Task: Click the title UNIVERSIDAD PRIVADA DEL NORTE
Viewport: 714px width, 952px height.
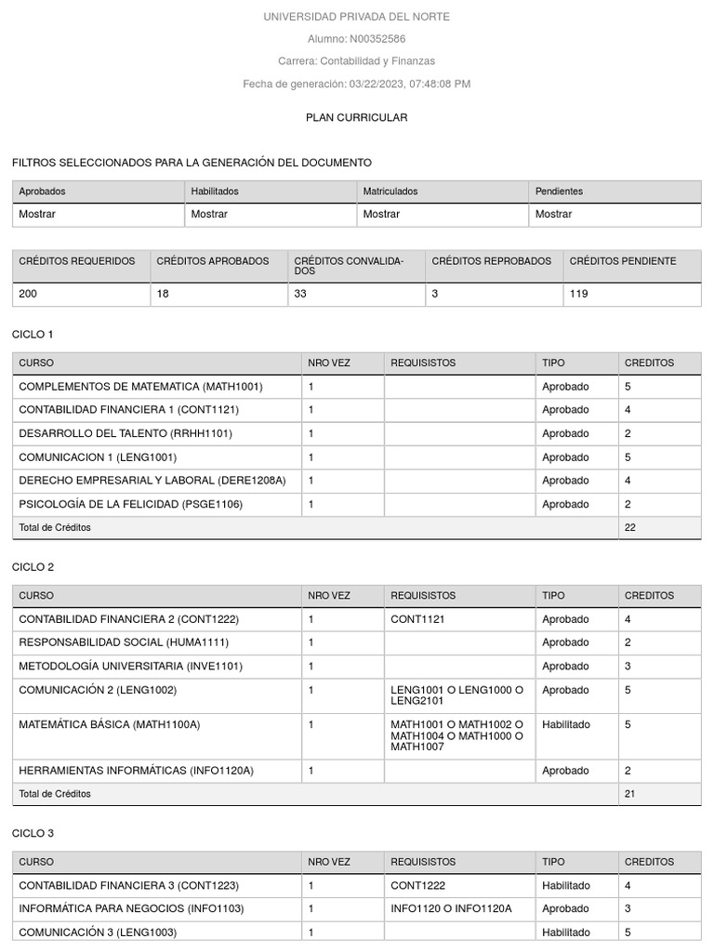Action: pyautogui.click(x=356, y=17)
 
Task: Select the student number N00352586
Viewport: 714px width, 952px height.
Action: pyautogui.click(x=377, y=39)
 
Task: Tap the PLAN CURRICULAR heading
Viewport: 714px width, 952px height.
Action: pyautogui.click(x=356, y=117)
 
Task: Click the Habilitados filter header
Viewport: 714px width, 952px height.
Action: pyautogui.click(x=215, y=192)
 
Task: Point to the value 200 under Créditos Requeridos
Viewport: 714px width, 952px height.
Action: pyautogui.click(x=28, y=294)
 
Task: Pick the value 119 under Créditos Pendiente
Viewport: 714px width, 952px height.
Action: pyautogui.click(x=578, y=294)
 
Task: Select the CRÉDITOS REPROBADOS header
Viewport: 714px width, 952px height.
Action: pyautogui.click(x=491, y=261)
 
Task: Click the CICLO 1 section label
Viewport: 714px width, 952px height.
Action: pyautogui.click(x=33, y=334)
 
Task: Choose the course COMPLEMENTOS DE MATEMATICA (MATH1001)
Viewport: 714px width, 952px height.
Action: pyautogui.click(x=140, y=387)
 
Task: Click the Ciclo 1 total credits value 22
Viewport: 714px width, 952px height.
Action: pyautogui.click(x=630, y=527)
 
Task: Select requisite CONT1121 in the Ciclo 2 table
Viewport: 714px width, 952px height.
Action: pyautogui.click(x=412, y=619)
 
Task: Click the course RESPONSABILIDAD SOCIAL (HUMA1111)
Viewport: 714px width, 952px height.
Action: pyautogui.click(x=124, y=642)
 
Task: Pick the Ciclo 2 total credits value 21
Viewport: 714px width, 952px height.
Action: pyautogui.click(x=630, y=794)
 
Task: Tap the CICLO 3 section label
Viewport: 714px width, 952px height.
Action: pyautogui.click(x=33, y=833)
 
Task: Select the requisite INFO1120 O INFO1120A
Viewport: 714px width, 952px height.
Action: pyautogui.click(x=451, y=908)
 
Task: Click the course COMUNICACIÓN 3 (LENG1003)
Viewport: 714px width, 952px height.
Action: pyautogui.click(x=98, y=932)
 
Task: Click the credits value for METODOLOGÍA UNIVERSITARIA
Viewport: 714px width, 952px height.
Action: pyautogui.click(x=628, y=666)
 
